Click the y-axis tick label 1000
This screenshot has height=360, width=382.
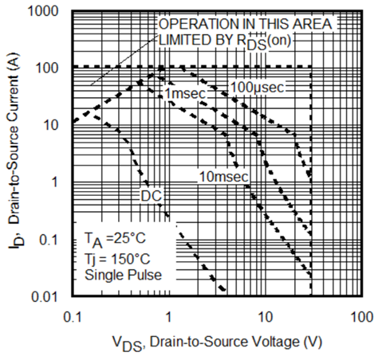coord(46,14)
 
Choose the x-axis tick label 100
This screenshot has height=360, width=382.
coord(360,315)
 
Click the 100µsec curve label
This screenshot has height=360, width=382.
coord(258,85)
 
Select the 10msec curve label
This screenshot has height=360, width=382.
coord(223,175)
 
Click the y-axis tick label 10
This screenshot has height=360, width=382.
coord(54,126)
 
